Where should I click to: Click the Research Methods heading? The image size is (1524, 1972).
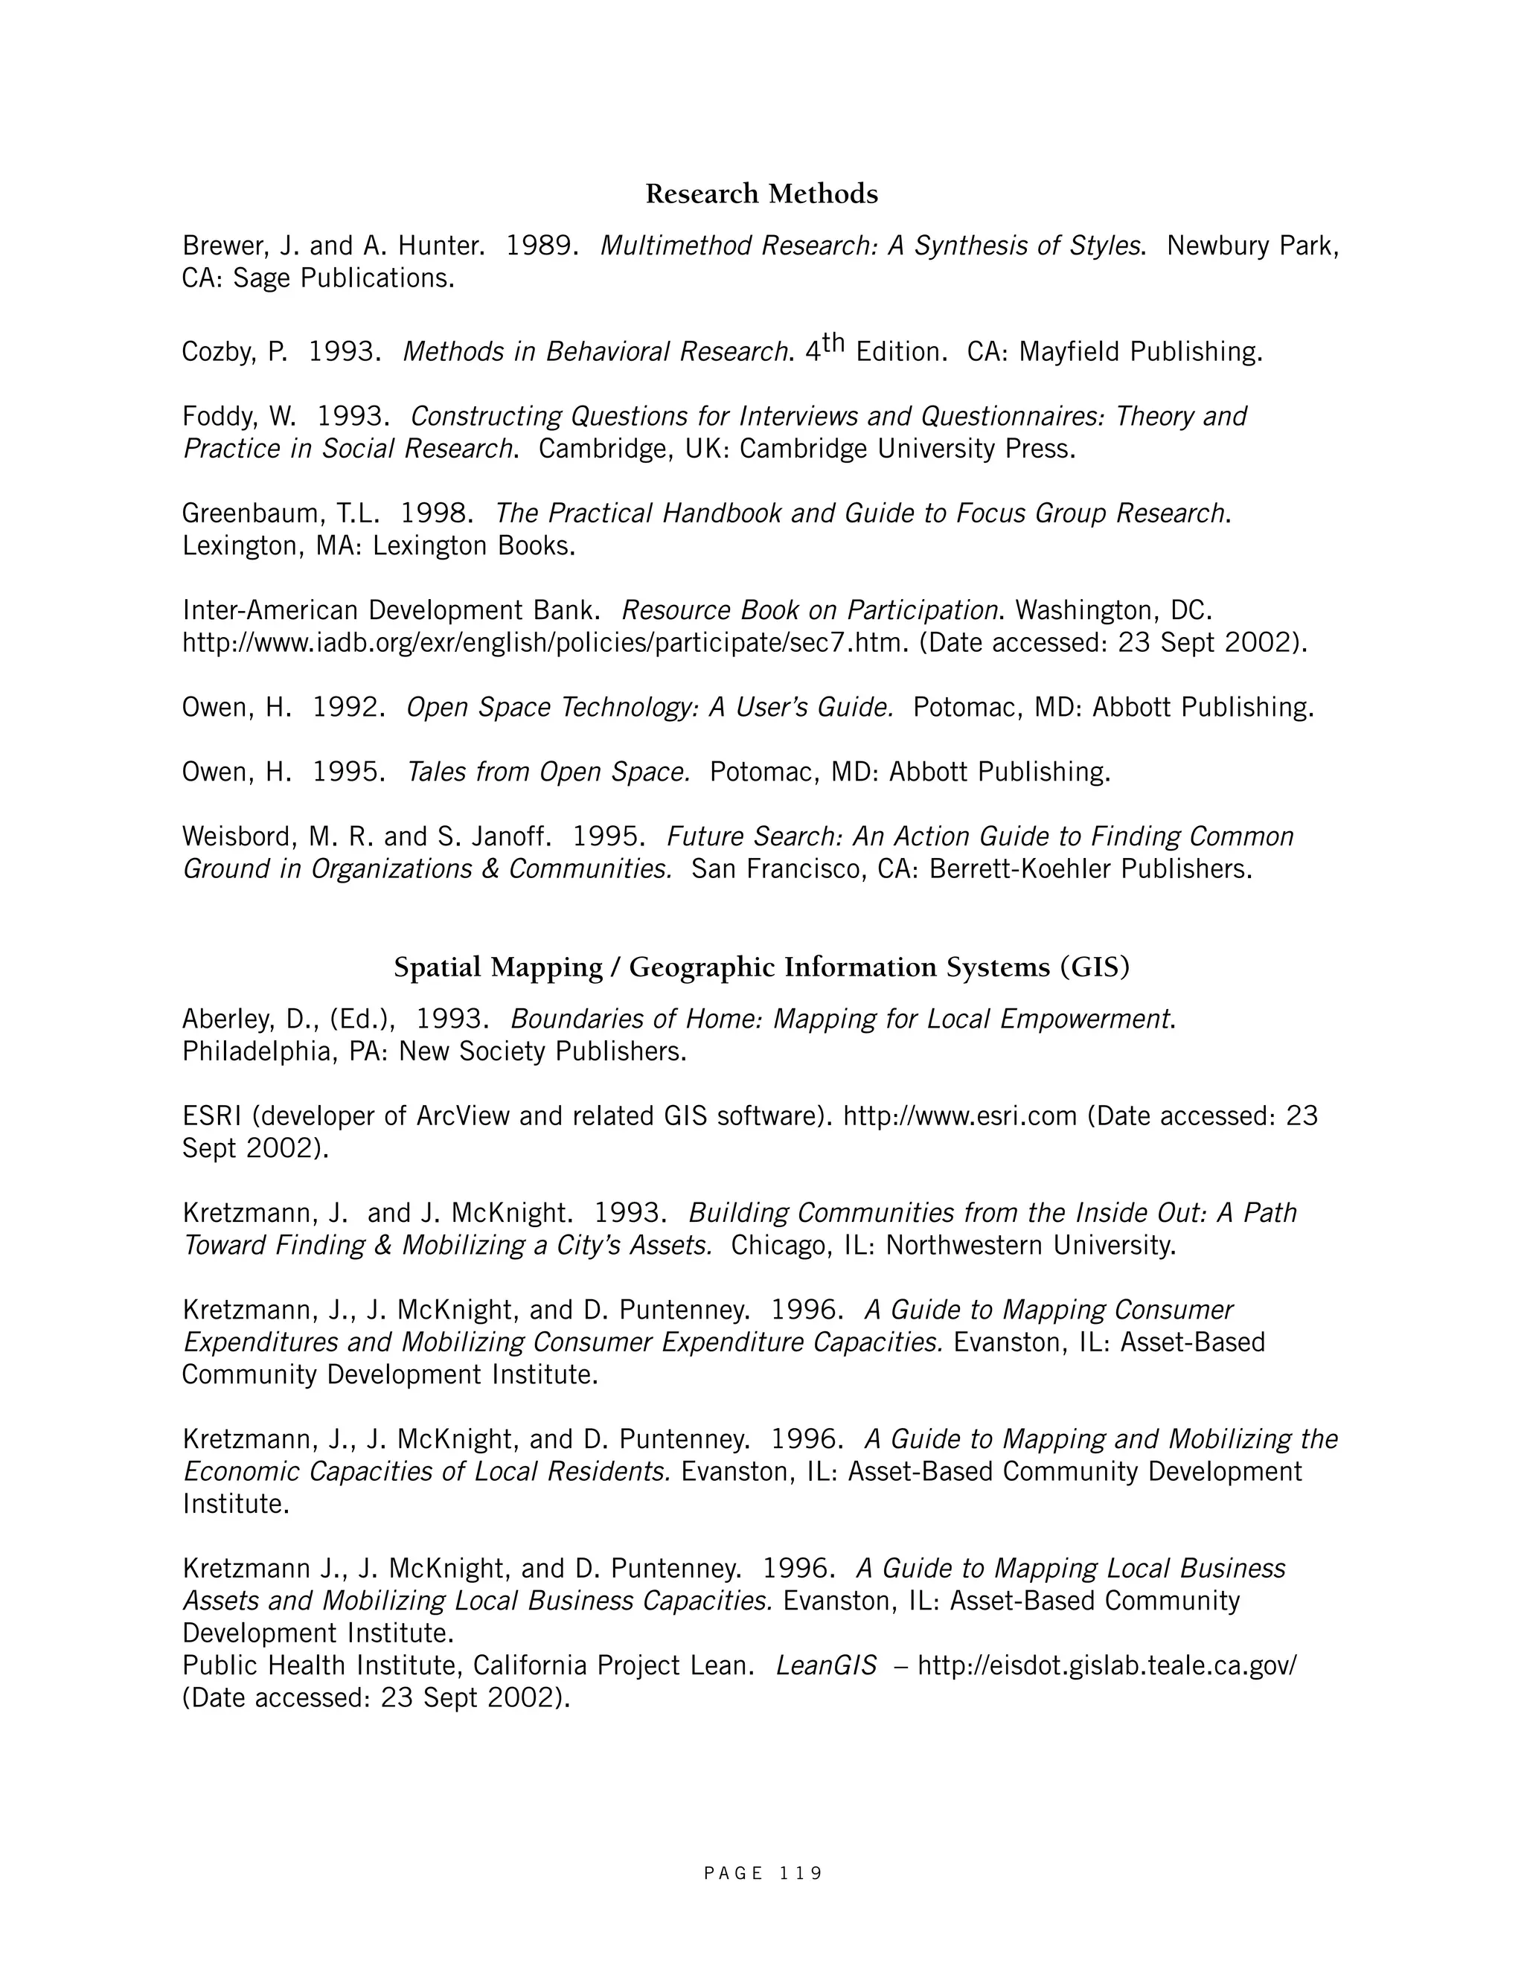(x=761, y=194)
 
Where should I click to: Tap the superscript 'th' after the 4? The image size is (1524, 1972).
(x=833, y=342)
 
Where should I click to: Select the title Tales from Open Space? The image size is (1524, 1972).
(x=548, y=772)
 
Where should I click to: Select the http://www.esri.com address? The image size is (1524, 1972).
(x=960, y=1117)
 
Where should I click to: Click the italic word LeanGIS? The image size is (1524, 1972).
(x=826, y=1666)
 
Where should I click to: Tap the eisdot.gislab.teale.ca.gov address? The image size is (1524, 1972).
(x=1107, y=1666)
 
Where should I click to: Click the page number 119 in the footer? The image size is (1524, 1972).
(x=800, y=1874)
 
